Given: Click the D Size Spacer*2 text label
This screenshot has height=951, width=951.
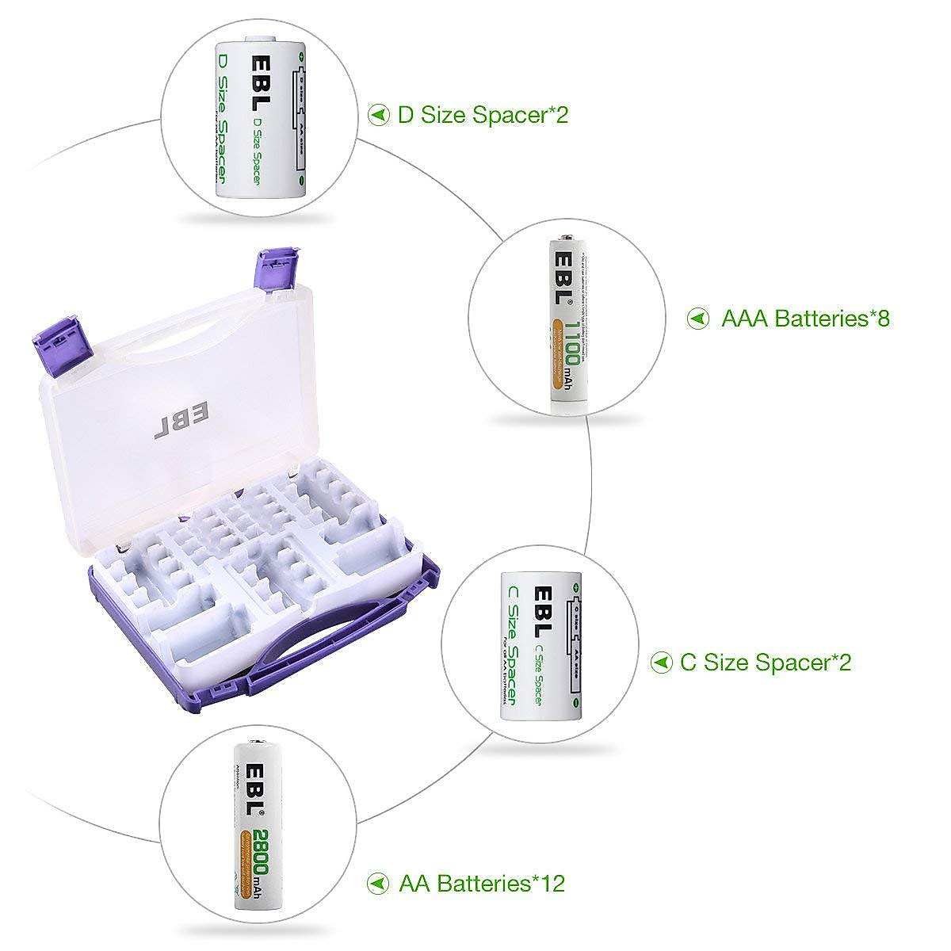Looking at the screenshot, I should point(483,115).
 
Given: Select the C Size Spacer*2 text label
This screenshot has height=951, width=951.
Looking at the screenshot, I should point(766,662).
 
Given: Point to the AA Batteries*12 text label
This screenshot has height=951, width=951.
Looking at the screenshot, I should point(482,883).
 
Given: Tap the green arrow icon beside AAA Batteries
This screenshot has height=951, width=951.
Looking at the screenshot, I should point(698,319).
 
